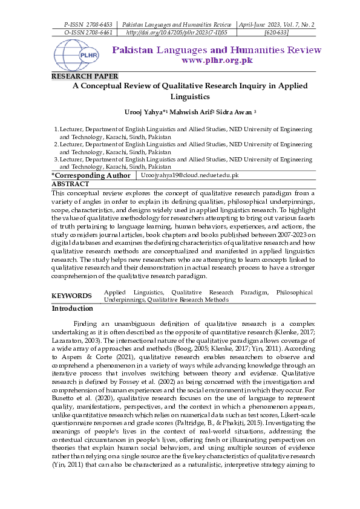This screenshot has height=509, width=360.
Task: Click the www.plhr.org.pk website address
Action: click(x=217, y=60)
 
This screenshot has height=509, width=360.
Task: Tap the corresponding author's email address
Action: click(x=190, y=175)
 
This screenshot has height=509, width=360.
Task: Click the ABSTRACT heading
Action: click(x=70, y=183)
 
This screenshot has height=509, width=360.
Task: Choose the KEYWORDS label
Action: click(x=71, y=296)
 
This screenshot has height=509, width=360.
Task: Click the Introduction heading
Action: click(x=73, y=308)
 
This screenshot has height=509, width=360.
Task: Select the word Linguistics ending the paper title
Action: click(x=189, y=96)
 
